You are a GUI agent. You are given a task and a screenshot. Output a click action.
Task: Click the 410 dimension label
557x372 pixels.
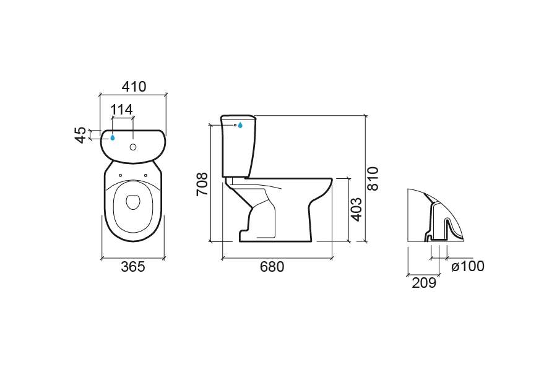[134, 86]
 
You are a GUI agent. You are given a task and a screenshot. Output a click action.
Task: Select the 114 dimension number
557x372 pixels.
[121, 110]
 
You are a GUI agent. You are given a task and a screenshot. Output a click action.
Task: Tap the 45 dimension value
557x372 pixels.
[81, 135]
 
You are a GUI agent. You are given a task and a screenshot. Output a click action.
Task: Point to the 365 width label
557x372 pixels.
[133, 267]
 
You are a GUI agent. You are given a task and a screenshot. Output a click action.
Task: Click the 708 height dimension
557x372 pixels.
[202, 184]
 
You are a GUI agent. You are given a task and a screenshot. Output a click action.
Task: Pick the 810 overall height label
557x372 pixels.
[373, 179]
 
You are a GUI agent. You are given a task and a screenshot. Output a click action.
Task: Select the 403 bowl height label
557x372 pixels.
[356, 209]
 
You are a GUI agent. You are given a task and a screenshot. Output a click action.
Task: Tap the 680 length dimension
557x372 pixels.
[272, 267]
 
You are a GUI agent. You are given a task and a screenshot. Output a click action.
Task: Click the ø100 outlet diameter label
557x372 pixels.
[468, 266]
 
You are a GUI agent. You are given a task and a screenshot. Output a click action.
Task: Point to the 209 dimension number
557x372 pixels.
[424, 283]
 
